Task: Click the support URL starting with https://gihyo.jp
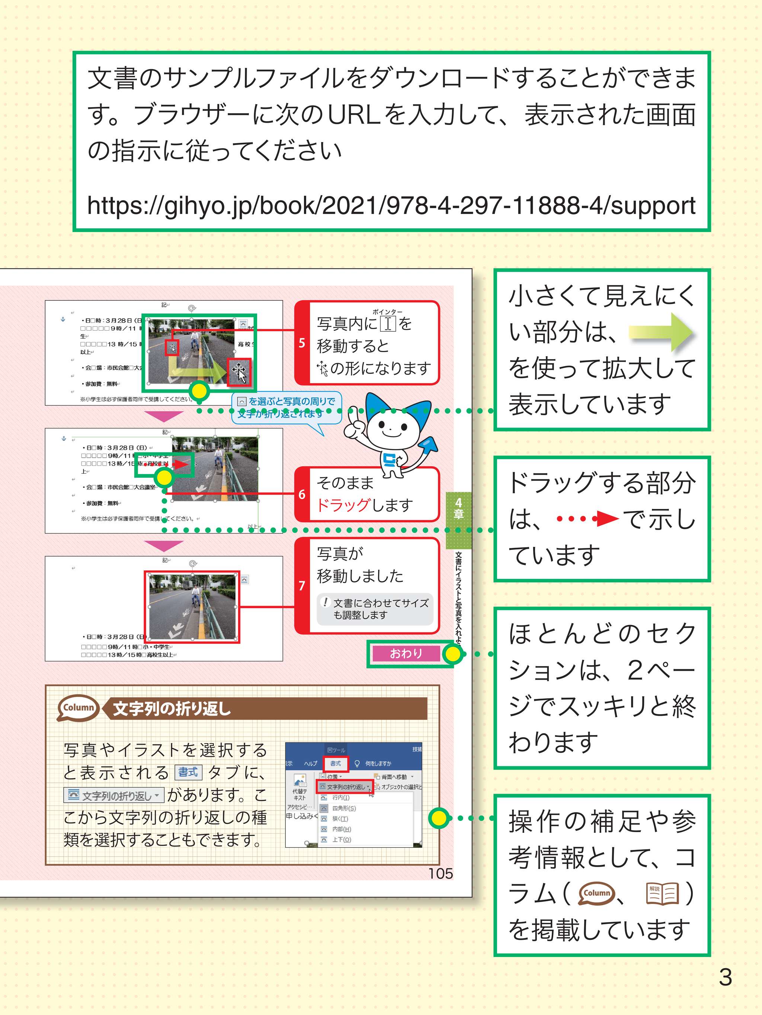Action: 391,205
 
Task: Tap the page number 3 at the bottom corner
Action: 725,977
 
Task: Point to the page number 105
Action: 441,873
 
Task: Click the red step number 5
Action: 302,343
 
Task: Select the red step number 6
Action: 302,494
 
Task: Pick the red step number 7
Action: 302,586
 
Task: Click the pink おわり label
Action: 406,653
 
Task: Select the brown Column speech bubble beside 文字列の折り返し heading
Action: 79,708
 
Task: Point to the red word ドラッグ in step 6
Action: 343,505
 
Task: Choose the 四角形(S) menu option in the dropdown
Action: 343,808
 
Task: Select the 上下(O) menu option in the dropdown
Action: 341,839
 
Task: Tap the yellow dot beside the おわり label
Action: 452,654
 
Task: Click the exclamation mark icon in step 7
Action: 325,602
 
